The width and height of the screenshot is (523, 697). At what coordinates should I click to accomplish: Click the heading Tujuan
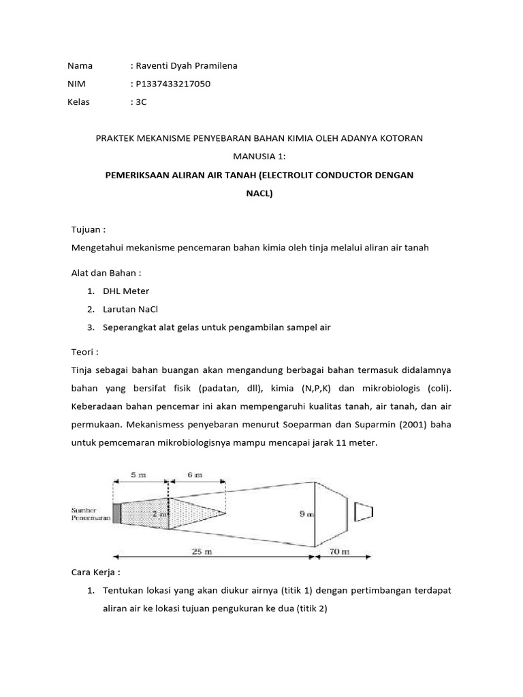[x=89, y=230]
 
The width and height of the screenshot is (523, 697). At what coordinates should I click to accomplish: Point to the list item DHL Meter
[x=126, y=291]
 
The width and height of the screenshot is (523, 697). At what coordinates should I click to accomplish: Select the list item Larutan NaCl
[x=130, y=309]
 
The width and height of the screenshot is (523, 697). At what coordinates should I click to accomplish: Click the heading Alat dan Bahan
[x=106, y=273]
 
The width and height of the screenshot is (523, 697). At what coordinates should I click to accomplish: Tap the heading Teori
[x=85, y=352]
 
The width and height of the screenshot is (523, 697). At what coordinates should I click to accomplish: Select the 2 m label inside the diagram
[x=159, y=515]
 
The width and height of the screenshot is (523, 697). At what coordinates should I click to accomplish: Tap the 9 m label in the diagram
[x=307, y=515]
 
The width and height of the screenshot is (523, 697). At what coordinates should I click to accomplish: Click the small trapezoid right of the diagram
[x=361, y=512]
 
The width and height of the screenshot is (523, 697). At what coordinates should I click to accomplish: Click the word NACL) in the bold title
[x=259, y=193]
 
